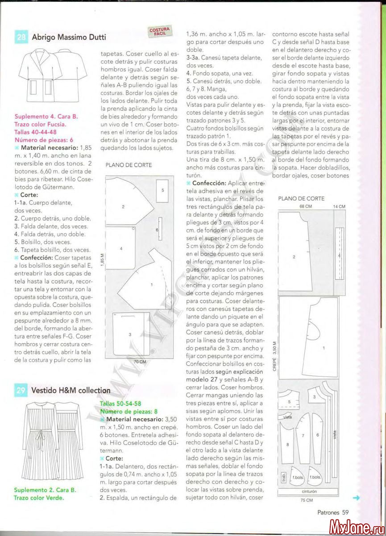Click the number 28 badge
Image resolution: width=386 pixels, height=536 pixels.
pyautogui.click(x=21, y=37)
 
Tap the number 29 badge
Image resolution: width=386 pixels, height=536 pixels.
pyautogui.click(x=21, y=390)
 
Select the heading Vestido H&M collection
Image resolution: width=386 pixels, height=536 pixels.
pyautogui.click(x=71, y=390)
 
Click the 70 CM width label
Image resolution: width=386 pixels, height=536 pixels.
pyautogui.click(x=140, y=362)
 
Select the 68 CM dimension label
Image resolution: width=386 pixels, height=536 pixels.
pyautogui.click(x=305, y=206)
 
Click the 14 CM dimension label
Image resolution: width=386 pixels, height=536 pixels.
pyautogui.click(x=339, y=206)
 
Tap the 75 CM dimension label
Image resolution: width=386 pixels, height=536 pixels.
pyautogui.click(x=306, y=500)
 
